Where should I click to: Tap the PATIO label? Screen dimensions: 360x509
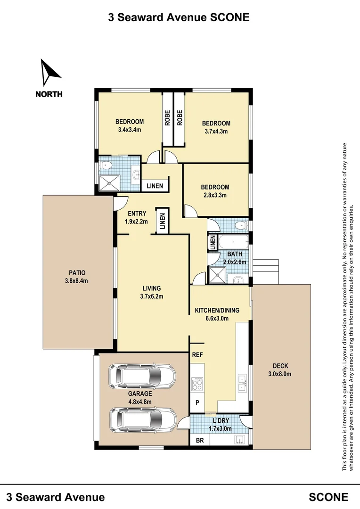(x=77, y=273)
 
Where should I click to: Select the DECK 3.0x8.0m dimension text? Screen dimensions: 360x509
(x=279, y=374)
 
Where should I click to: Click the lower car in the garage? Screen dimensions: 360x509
(x=143, y=420)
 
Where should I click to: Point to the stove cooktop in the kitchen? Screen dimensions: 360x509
(x=197, y=384)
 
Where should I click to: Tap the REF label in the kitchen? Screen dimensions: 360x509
(x=197, y=355)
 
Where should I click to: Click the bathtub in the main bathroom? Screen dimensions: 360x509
(x=233, y=242)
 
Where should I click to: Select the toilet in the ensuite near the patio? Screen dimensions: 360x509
(x=106, y=165)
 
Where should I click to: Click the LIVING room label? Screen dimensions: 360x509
(x=152, y=288)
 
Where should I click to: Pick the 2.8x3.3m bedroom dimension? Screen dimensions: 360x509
(x=215, y=196)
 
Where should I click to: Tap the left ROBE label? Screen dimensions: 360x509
(x=167, y=118)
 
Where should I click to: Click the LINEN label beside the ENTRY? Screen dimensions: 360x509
(x=163, y=221)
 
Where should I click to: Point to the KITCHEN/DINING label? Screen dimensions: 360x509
(x=217, y=310)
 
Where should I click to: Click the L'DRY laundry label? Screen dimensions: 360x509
(x=221, y=420)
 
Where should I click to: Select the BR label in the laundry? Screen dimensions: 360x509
(x=200, y=441)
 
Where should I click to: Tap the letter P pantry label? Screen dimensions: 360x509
(x=197, y=402)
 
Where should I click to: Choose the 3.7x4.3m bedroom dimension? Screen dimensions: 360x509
(x=216, y=131)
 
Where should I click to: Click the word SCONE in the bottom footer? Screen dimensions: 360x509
(x=328, y=497)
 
